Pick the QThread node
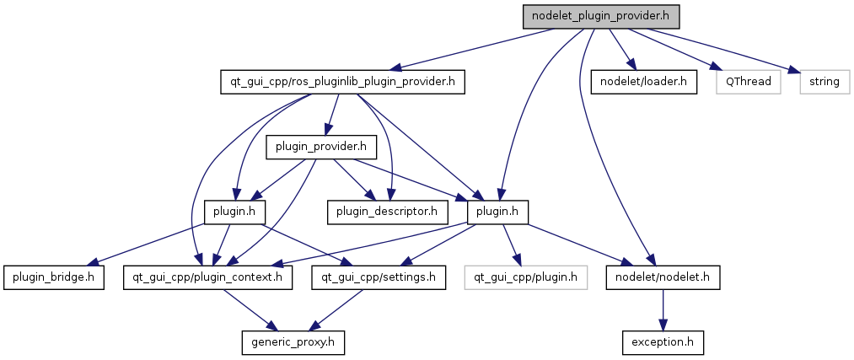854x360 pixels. pos(745,82)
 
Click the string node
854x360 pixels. pos(824,82)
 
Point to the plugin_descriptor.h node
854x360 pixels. pos(388,212)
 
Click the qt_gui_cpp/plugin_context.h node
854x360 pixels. pos(208,277)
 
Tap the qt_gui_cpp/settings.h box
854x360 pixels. pos(379,277)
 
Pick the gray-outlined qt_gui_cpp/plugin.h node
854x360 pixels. pos(524,277)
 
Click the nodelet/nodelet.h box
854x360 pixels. pos(663,277)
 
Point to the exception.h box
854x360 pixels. pos(663,342)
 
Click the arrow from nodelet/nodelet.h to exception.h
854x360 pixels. pos(663,309)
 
